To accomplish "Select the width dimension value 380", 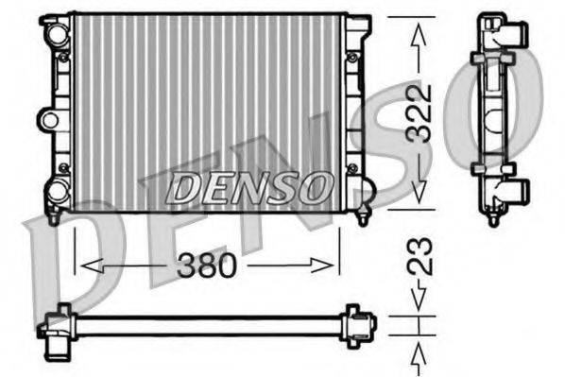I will (207, 266).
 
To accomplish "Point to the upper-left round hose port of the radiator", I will (58, 35).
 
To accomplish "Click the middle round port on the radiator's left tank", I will (48, 119).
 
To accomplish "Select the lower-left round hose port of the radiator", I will (58, 191).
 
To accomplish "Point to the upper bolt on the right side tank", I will (352, 58).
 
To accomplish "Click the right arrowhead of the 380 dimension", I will (334, 266).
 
